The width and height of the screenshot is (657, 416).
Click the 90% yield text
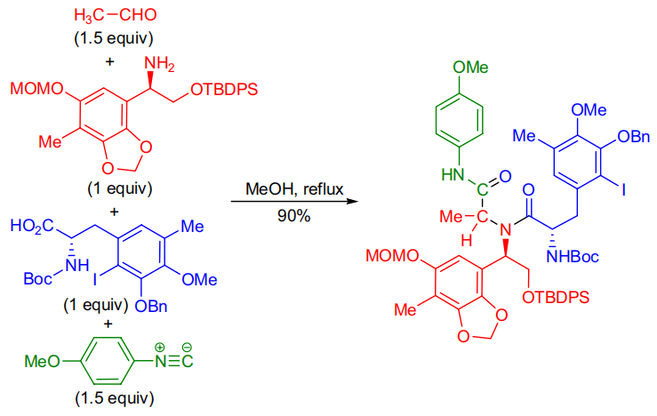pos(288,216)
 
